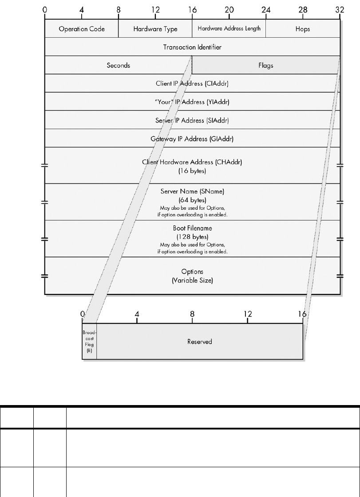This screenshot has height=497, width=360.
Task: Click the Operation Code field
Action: pos(82,29)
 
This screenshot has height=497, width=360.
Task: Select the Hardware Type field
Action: pos(155,29)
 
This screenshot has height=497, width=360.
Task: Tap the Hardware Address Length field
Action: pos(229,29)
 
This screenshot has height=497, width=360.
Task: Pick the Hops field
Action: pos(303,29)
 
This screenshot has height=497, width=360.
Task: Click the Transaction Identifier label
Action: pos(192,47)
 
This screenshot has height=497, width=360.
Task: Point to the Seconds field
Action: pos(118,65)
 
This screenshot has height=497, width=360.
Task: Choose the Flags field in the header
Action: pos(265,65)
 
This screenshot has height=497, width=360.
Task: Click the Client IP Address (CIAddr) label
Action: pos(192,83)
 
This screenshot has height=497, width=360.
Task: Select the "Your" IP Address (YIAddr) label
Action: pos(192,102)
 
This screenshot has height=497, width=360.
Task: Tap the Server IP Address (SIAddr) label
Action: pos(192,120)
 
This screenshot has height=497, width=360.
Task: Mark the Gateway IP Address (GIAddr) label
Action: pos(192,139)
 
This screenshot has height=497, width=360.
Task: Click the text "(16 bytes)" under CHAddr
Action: pos(192,170)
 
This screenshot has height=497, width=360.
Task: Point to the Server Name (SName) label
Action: pos(192,191)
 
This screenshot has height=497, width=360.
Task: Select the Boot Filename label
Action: pos(192,228)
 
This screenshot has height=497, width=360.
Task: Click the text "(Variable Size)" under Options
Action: pos(192,280)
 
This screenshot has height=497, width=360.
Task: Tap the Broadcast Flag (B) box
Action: pos(89,341)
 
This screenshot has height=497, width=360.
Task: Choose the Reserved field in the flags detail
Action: pos(199,342)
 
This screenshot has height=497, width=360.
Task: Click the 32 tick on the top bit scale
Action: pos(340,9)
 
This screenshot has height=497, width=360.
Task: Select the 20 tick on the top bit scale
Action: pos(229,9)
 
